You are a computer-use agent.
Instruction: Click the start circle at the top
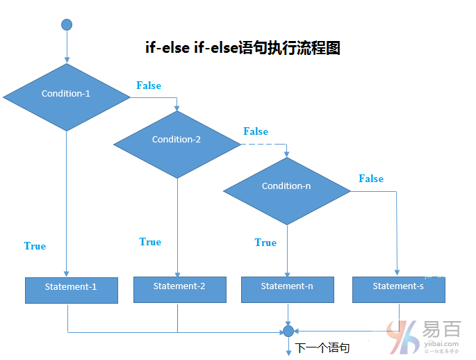coord(67,25)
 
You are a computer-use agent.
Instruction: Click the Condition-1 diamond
coord(66,97)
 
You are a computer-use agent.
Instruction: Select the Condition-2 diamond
coord(177,143)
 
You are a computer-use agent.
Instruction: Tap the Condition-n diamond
coord(286,190)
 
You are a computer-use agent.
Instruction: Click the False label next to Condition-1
coord(149,85)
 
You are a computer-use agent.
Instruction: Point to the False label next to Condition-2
coord(256,131)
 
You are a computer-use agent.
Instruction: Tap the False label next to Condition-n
coord(371,179)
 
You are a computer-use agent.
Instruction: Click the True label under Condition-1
coord(35,246)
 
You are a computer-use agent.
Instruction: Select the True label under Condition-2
coord(150,242)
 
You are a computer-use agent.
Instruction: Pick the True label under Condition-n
coord(265,243)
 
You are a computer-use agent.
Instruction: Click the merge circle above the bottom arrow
coord(288,332)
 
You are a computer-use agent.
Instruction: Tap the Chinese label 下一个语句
coord(322,347)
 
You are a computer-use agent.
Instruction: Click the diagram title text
coord(242,49)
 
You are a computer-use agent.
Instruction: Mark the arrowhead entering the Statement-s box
coord(397,273)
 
